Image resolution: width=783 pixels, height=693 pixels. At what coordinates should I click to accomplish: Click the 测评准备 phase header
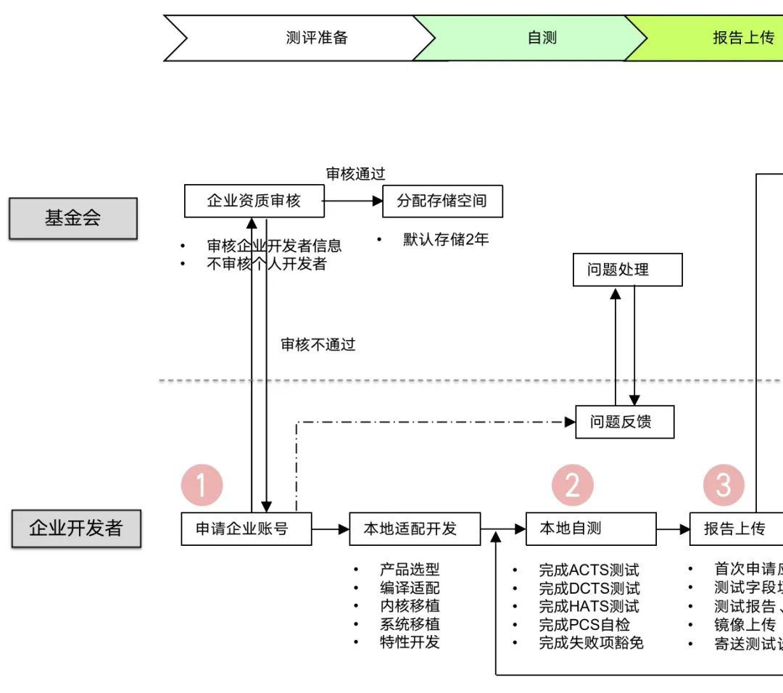[317, 38]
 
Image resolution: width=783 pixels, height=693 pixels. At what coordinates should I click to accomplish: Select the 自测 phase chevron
[542, 38]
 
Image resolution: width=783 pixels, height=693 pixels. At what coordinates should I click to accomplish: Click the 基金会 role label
[72, 218]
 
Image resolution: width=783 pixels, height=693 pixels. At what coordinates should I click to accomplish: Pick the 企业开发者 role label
[75, 528]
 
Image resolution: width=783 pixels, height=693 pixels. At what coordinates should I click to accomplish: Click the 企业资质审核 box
[253, 201]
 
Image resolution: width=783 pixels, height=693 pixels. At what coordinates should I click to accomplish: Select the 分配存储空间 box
[442, 201]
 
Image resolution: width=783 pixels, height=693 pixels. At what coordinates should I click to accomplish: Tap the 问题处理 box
[627, 270]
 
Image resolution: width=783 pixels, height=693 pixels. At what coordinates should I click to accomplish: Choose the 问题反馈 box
[624, 422]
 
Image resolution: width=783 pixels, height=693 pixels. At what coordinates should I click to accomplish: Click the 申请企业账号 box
[246, 528]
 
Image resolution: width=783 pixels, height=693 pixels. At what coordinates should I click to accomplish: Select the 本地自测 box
[591, 528]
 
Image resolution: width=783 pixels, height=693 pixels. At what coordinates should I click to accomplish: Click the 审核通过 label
[355, 173]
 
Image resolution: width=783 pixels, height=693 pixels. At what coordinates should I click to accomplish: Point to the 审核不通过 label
[318, 344]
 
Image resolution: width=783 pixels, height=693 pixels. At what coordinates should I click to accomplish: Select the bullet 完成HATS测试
[589, 606]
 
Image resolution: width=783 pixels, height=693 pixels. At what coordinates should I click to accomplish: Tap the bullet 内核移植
[410, 606]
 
